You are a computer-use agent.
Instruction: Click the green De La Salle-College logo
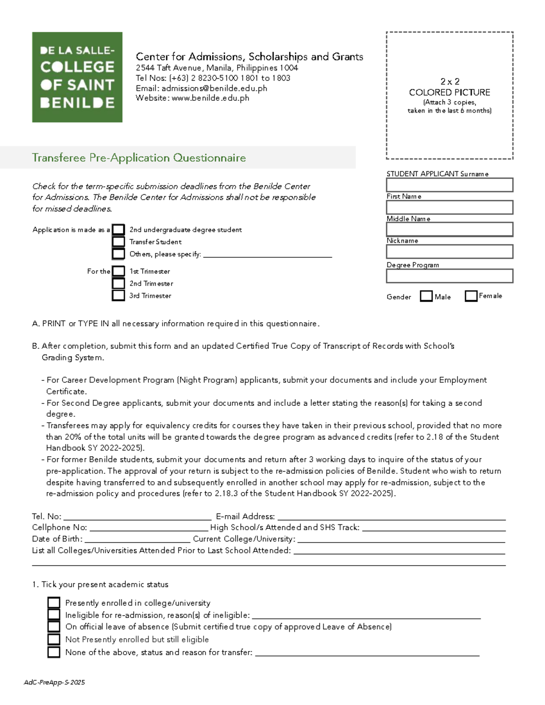coord(77,77)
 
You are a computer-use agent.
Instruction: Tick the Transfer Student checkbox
coord(119,242)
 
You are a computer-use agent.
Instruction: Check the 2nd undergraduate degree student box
coord(119,230)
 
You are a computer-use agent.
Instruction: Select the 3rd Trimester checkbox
coord(119,295)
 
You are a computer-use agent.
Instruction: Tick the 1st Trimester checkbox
coord(119,271)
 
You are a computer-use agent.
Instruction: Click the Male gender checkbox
coord(426,296)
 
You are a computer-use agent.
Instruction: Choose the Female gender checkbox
coord(471,296)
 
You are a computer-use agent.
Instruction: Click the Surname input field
coord(449,185)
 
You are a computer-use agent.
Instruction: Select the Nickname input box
coord(449,251)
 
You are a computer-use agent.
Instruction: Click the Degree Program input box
coord(449,276)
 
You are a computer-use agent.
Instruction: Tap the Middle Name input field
coord(449,229)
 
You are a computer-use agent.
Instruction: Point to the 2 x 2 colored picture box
coord(449,95)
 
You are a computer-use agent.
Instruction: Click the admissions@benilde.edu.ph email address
coord(214,88)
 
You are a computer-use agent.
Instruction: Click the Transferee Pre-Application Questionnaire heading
coord(139,158)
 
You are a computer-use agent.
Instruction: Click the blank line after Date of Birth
coord(137,539)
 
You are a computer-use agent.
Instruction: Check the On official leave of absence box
coord(54,627)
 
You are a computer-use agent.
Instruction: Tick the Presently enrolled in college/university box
coord(54,603)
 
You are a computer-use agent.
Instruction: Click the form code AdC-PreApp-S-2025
coord(54,682)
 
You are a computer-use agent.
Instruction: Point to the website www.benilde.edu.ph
coord(210,98)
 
